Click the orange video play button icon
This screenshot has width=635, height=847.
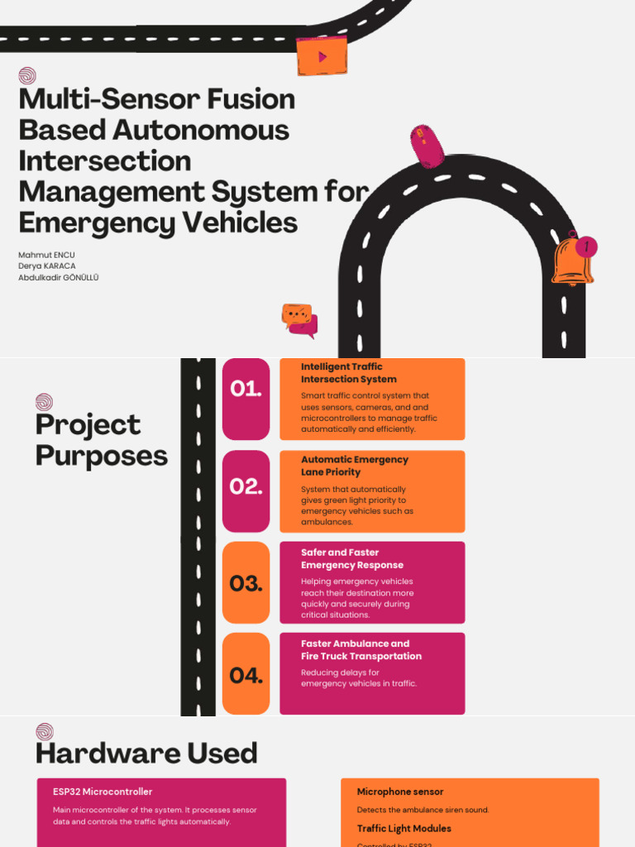point(322,55)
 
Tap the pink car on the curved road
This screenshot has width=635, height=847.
point(427,146)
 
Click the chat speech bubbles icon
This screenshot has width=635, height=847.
point(299,320)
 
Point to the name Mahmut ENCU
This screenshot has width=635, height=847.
point(46,255)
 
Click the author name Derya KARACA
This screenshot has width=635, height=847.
point(47,266)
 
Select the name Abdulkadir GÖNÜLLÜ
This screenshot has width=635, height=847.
point(59,277)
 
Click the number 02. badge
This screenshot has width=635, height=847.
point(246,491)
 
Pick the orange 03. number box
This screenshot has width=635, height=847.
point(246,582)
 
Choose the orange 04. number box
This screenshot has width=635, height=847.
point(246,673)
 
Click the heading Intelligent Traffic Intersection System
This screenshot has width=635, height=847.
point(349,373)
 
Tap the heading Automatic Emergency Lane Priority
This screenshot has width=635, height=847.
point(355,466)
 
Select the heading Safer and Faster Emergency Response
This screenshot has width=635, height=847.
point(352,558)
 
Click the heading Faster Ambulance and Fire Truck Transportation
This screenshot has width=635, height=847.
point(361,650)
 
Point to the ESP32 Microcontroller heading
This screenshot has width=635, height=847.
point(103,792)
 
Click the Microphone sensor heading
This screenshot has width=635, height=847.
point(400,792)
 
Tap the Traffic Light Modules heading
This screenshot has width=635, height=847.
point(403,828)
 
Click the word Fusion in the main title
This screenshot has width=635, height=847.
point(251,99)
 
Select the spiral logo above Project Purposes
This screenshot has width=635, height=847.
point(45,402)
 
